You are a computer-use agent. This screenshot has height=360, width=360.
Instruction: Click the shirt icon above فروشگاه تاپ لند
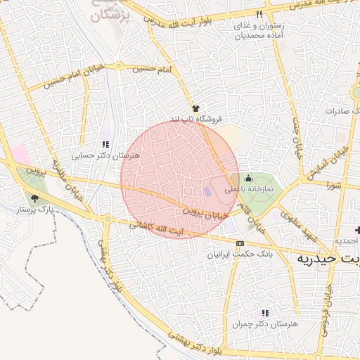tap(195, 108)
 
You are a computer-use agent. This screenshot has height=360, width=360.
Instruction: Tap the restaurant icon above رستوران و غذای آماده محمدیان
tap(259, 14)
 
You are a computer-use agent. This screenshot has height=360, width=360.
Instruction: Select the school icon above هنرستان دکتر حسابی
tap(105, 144)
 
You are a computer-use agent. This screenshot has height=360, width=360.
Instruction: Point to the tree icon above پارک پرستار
tap(35, 199)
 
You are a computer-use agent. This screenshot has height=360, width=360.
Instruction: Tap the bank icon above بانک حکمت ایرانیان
tap(240, 243)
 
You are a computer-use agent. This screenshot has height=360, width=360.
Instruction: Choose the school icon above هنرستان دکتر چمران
tap(265, 312)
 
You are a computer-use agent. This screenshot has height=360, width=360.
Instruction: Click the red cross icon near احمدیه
tap(357, 230)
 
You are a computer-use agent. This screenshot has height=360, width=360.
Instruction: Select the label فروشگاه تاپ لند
tap(196, 119)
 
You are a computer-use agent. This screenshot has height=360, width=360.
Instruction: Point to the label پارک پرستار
tap(35, 210)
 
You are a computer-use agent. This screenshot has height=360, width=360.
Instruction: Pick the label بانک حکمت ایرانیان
tap(240, 253)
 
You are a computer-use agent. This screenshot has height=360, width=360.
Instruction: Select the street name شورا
tap(333, 185)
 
